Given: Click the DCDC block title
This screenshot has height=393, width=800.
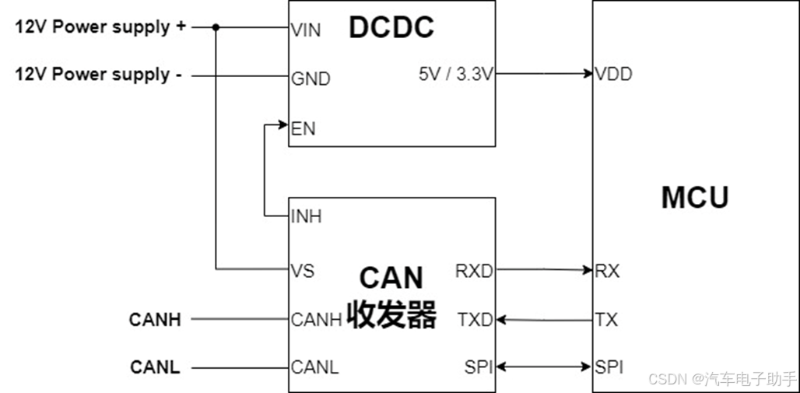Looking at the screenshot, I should (x=391, y=27).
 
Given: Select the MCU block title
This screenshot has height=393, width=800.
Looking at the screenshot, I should (x=695, y=198).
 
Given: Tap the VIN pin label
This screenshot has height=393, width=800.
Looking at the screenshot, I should (x=305, y=30).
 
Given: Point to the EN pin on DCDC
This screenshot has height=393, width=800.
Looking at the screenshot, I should (x=303, y=128).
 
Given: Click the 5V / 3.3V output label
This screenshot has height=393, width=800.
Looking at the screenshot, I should (x=455, y=75).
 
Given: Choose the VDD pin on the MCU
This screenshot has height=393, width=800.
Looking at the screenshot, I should (x=613, y=75).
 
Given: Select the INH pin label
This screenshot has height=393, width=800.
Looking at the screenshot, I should (x=306, y=216).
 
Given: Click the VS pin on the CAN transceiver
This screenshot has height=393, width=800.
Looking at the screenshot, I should (x=302, y=271).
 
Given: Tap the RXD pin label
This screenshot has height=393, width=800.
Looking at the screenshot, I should (x=473, y=271).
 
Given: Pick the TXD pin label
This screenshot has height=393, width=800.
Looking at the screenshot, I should (x=475, y=319).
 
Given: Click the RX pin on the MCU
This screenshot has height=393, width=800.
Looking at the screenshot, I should (x=607, y=271).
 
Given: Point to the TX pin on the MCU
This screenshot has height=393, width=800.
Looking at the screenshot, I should (x=606, y=319).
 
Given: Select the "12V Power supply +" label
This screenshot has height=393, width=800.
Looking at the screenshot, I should (x=100, y=26).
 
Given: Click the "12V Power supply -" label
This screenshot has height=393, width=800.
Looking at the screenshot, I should (x=99, y=75).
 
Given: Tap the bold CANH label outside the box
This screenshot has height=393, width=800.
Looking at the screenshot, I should (x=155, y=319).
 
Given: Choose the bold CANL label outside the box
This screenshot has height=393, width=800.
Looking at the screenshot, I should (x=155, y=367).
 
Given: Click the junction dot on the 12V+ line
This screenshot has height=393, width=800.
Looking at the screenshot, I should (x=216, y=27).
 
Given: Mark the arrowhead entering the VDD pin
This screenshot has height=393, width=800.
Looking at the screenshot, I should (x=588, y=74).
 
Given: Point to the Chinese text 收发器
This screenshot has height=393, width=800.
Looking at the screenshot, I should (x=391, y=314).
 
